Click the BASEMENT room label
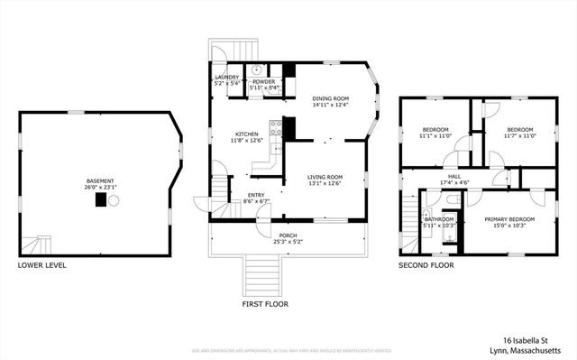click(x=100, y=180)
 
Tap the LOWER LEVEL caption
click(x=41, y=266)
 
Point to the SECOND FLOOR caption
click(x=426, y=266)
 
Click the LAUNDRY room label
click(x=226, y=78)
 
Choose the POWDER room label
click(x=263, y=81)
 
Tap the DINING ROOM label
click(x=330, y=98)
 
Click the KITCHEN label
click(x=247, y=134)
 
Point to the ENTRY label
click(x=256, y=195)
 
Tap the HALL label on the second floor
click(x=454, y=177)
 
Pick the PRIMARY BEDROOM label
click(x=509, y=219)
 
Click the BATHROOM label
click(x=440, y=218)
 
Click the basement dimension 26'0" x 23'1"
click(x=100, y=187)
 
